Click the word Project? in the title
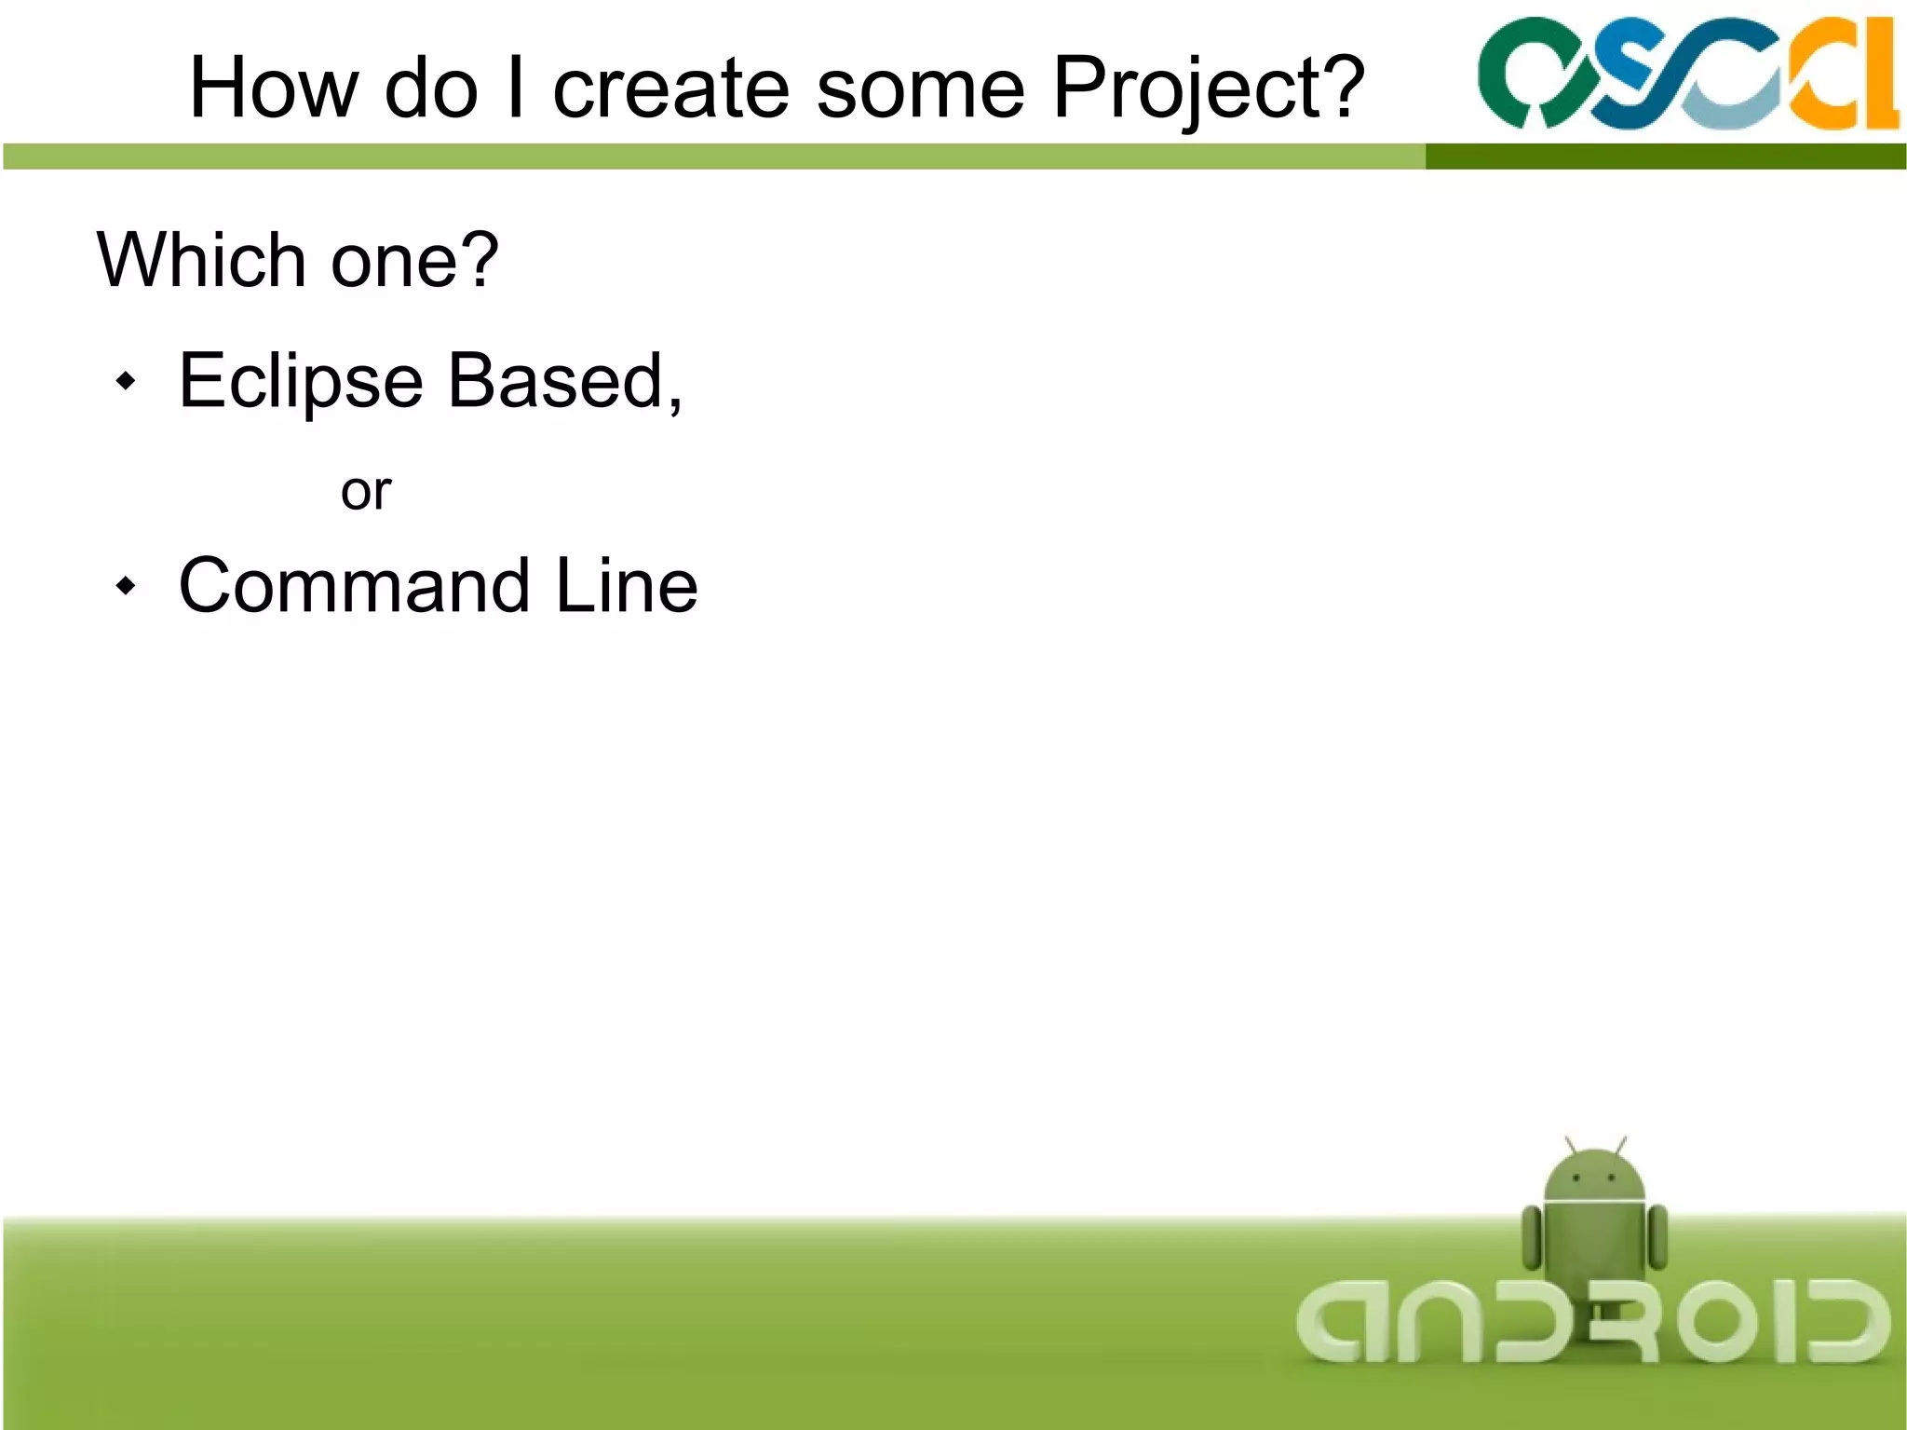1209,89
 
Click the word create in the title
670,89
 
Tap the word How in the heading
273,89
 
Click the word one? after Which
414,261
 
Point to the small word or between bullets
366,492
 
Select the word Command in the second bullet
354,586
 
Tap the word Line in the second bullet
626,586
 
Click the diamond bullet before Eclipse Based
126,381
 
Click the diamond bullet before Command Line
126,586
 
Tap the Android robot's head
1594,1177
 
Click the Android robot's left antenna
1570,1145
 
